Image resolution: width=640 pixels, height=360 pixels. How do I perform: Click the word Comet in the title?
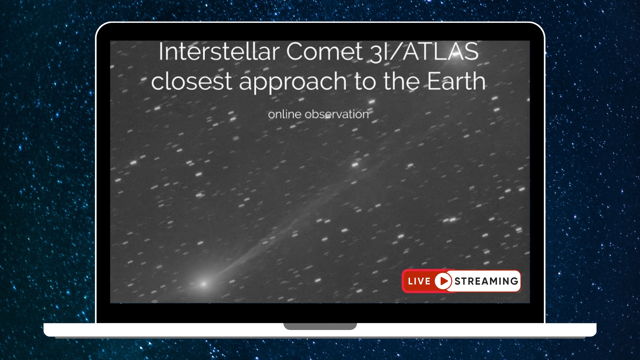pos(324,52)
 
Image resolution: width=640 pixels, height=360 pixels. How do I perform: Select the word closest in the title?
pos(191,82)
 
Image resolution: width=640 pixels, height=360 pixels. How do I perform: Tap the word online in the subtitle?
pos(285,114)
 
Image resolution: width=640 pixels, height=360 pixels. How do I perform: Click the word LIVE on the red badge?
pos(419,281)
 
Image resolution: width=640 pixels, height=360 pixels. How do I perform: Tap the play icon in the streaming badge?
pos(443,281)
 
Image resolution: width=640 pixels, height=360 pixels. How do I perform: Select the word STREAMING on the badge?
pos(486,281)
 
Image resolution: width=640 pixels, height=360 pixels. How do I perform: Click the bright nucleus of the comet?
pos(204,284)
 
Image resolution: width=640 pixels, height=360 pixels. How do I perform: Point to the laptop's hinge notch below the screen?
pos(320,326)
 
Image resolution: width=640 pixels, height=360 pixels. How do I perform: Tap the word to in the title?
pos(365,82)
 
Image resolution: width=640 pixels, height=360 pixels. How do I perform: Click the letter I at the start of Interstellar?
pos(161,52)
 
